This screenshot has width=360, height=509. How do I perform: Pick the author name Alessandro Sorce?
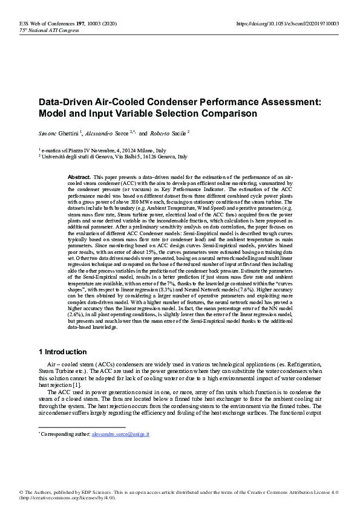pyautogui.click(x=107, y=132)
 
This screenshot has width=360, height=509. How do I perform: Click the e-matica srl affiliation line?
pyautogui.click(x=102, y=150)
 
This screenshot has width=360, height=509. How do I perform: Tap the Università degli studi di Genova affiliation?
pyautogui.click(x=114, y=156)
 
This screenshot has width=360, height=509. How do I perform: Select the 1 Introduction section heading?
pyautogui.click(x=63, y=352)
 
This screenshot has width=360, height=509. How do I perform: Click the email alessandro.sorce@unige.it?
pyautogui.click(x=120, y=435)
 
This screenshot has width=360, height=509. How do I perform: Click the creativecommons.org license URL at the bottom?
pyautogui.click(x=67, y=498)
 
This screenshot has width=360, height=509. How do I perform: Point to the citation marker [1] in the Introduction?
pyautogui.click(x=76, y=384)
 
